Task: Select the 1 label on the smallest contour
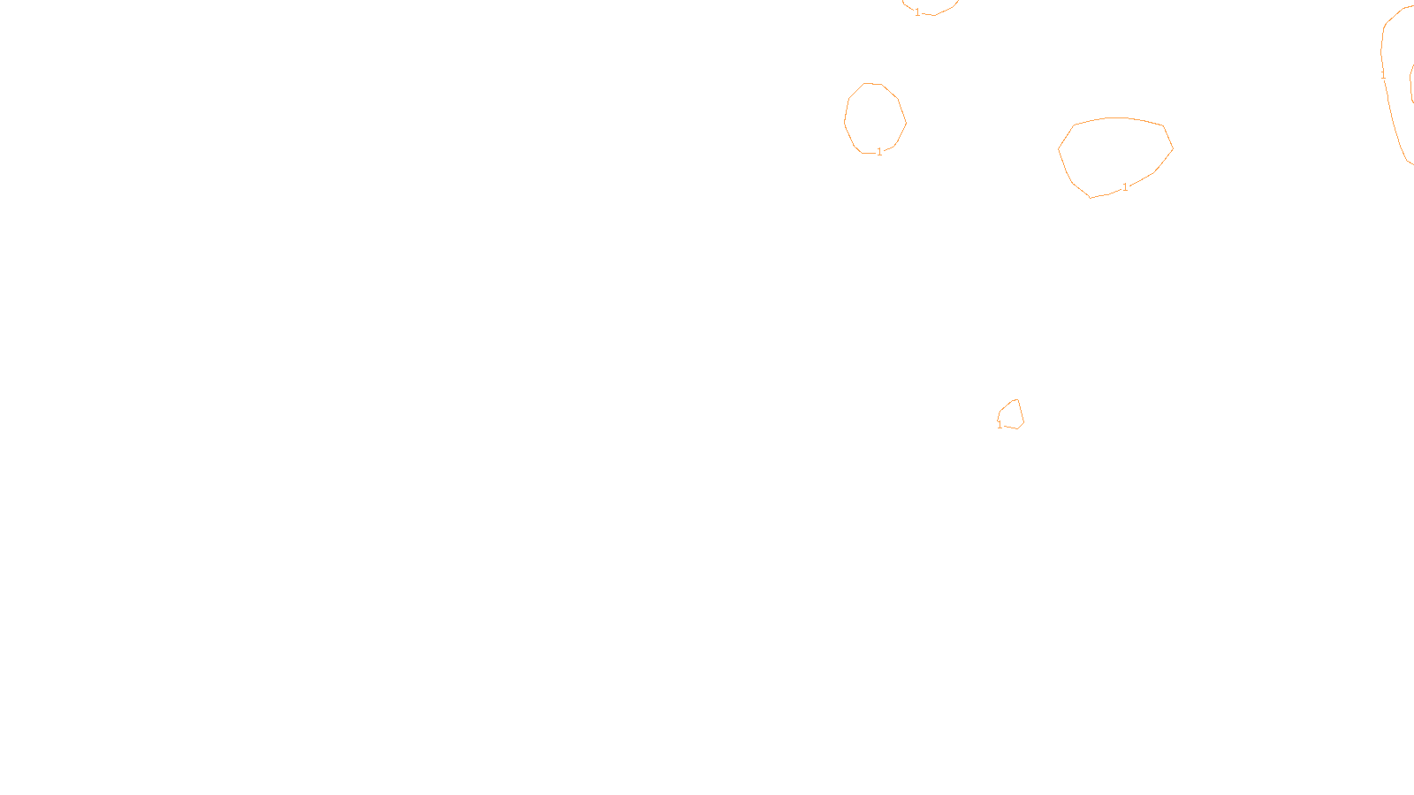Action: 1000,425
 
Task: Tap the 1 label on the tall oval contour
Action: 879,152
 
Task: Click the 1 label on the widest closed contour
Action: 1125,187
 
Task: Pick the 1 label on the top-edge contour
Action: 917,12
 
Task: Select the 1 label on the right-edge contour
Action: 1383,76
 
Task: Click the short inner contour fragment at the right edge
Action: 1410,84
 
